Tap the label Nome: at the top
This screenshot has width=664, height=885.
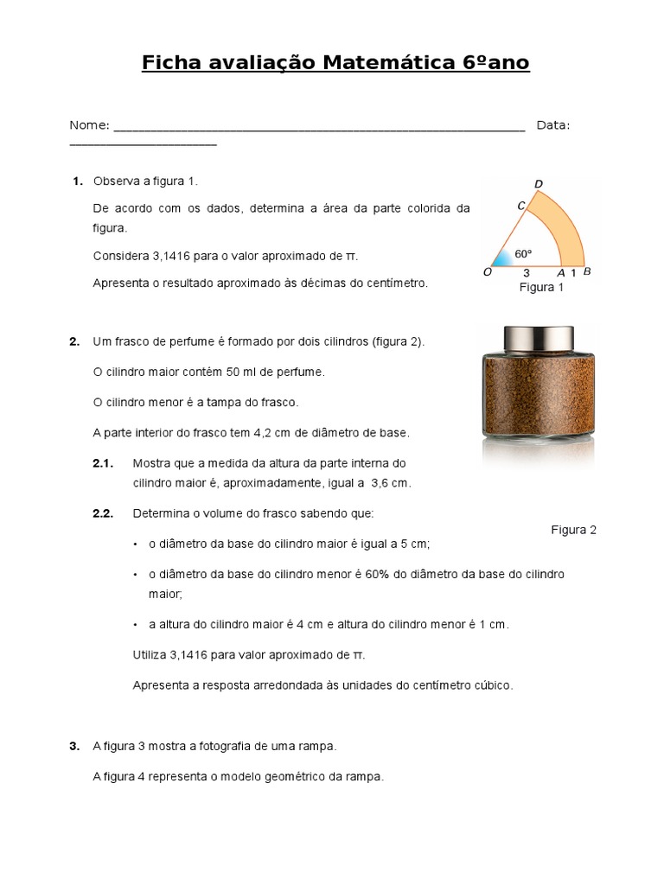tap(89, 125)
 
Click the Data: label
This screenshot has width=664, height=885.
tap(553, 125)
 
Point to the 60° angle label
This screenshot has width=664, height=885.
tap(523, 254)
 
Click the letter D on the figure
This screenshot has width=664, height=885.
tap(539, 183)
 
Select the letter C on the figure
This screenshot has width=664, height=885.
tap(521, 206)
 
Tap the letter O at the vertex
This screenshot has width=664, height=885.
tap(488, 272)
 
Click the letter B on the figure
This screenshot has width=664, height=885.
tap(587, 272)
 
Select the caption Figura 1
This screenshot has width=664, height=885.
tap(540, 287)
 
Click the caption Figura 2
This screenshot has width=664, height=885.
tap(573, 530)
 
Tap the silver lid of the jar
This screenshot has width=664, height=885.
tap(539, 339)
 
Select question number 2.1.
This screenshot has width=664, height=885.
tap(103, 463)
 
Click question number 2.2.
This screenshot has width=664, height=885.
tap(103, 513)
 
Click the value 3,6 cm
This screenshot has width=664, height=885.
tap(390, 483)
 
